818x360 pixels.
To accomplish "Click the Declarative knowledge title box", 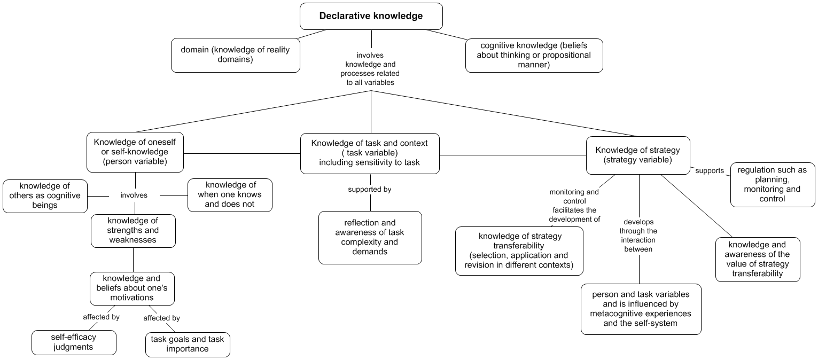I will (371, 16).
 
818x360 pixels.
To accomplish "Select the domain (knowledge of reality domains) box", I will (235, 55).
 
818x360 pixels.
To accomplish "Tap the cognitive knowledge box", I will (534, 55).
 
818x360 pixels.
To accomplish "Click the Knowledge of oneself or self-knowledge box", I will (135, 152).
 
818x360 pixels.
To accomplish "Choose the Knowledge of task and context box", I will (370, 153).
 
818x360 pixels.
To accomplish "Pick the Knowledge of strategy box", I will (637, 155).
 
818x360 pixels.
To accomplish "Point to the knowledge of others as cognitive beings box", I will (45, 196).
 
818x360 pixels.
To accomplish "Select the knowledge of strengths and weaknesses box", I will (133, 231).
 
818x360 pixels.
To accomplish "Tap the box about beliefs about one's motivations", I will (133, 288).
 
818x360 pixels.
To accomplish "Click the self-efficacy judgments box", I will (74, 342).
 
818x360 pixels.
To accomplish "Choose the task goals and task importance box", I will (188, 345).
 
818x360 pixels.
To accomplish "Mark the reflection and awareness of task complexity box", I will (370, 238).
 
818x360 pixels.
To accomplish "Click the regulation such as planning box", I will (772, 184).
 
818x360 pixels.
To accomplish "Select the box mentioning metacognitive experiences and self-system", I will (641, 309).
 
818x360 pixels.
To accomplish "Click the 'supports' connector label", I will (710, 171).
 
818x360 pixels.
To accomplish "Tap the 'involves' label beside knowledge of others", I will (134, 195).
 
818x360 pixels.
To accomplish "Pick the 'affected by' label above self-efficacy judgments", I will (101, 317).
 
